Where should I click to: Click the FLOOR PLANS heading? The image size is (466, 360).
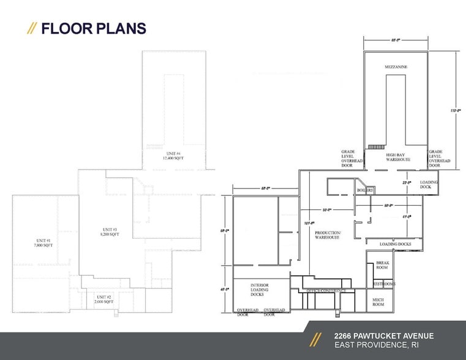93,28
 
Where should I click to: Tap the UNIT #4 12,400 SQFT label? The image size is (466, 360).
173,156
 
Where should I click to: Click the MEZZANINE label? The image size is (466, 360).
396,66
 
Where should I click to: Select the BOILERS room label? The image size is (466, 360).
366,190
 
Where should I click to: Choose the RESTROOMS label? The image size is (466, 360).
384,284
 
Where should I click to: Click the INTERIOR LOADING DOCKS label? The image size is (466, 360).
260,290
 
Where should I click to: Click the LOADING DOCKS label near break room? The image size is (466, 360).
395,244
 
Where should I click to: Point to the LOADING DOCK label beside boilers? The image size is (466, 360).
429,185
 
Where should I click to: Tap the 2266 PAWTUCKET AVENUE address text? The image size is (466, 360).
384,336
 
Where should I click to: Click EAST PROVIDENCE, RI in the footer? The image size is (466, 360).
376,347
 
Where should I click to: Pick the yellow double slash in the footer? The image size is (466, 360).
315,340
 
